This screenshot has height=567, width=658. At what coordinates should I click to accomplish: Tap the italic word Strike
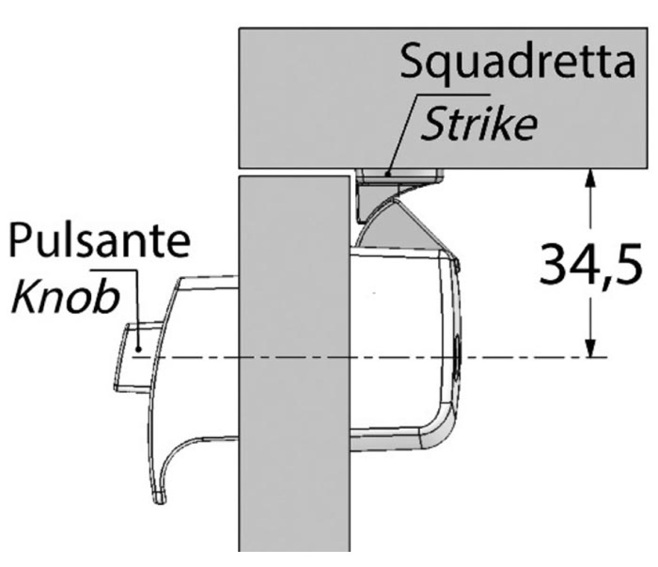pos(479,123)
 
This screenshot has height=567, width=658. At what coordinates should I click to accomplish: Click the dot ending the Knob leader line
pos(138,348)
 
